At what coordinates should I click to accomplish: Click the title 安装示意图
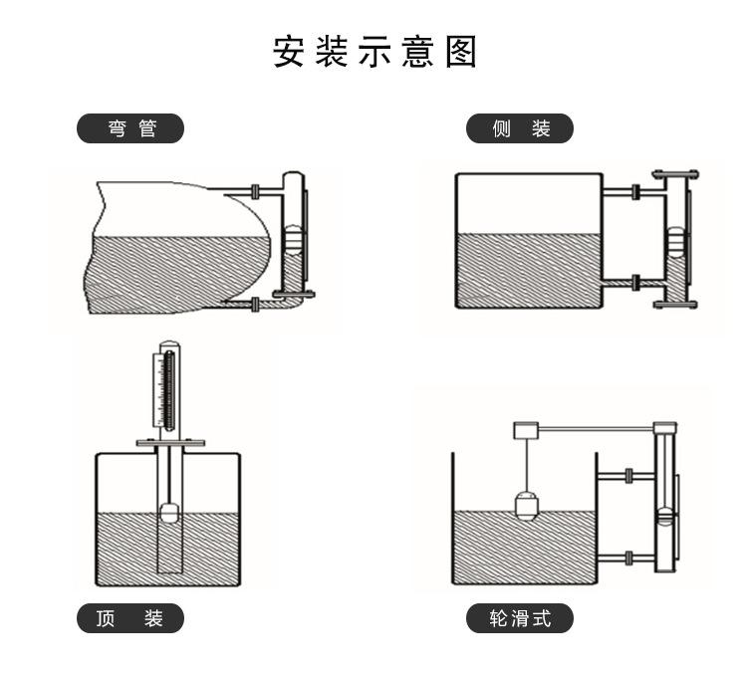(x=374, y=53)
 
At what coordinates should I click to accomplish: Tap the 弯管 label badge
(x=131, y=128)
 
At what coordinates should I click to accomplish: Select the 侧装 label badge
(x=520, y=128)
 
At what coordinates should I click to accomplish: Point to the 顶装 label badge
(x=131, y=618)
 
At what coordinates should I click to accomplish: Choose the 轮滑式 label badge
(x=520, y=618)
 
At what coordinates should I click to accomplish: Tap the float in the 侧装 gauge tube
(x=674, y=242)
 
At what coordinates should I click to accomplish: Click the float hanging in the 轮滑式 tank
(x=526, y=506)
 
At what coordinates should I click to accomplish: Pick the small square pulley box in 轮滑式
(x=525, y=430)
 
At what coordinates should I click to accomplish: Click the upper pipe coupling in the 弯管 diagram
(x=256, y=189)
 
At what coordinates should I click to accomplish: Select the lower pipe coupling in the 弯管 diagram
(x=256, y=304)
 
